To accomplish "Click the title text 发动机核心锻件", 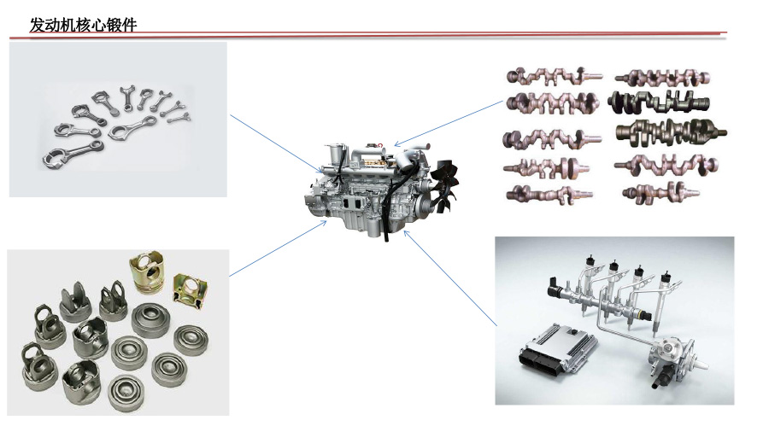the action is (x=83, y=25).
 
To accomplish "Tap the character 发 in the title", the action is (x=38, y=25).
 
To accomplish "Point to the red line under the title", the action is (x=367, y=34).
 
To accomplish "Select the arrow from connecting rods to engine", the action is (x=277, y=144).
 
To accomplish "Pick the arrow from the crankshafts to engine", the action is (x=449, y=124).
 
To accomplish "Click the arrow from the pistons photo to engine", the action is (x=278, y=248).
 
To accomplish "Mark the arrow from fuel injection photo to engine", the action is (x=450, y=278).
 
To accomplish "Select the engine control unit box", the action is (x=558, y=347).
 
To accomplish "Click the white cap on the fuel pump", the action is (x=701, y=365).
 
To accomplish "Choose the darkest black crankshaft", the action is (x=658, y=102).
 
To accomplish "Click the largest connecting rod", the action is (x=73, y=155).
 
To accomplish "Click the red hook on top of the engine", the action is (x=379, y=144).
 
